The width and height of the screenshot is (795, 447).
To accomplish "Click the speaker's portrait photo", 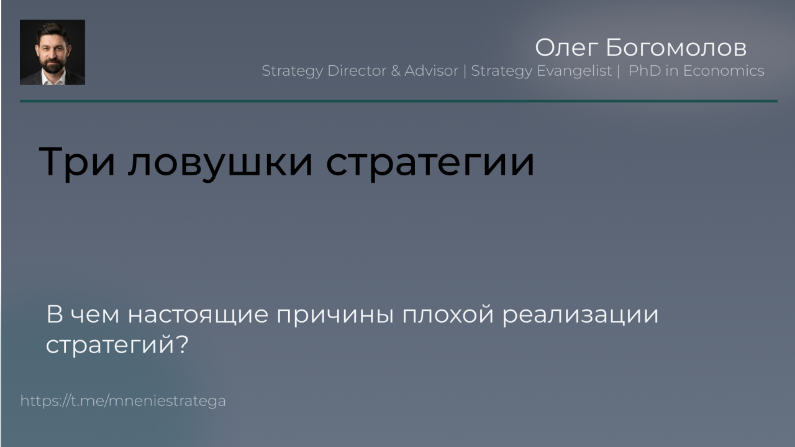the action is (52, 52).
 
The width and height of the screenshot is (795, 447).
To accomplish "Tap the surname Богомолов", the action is (676, 47).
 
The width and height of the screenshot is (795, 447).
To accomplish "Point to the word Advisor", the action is (431, 71).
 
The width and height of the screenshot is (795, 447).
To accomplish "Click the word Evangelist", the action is (575, 71).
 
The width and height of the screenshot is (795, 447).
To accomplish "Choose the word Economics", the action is (724, 71).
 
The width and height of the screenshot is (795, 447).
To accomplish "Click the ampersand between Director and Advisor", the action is (396, 71).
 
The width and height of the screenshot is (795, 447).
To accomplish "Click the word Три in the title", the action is (76, 162).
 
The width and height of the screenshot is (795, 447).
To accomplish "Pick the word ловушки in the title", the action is (220, 162).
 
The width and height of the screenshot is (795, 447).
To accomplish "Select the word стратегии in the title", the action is (430, 162).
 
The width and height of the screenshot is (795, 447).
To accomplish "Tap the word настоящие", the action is (198, 315).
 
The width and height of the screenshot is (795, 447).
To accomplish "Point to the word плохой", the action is (448, 314).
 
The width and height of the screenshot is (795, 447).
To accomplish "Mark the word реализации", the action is (580, 315).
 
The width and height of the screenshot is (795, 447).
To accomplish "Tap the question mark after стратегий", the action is (182, 343).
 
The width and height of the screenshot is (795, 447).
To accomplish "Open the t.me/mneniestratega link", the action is (123, 401).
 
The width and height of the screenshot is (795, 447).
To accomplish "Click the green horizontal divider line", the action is (399, 101).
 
